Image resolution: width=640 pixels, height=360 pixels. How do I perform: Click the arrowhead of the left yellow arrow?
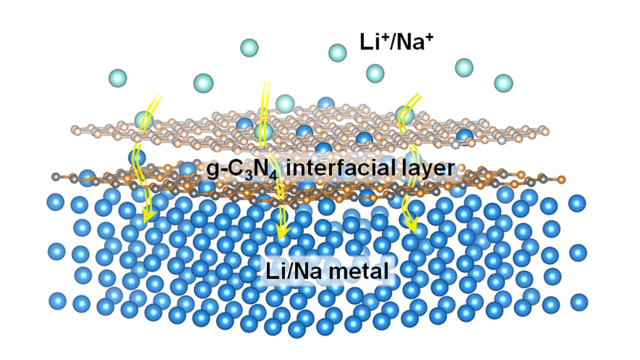coord(149,217)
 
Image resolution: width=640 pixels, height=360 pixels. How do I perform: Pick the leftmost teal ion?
coord(117,78)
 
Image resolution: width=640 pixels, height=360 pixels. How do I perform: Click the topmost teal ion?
coord(249,47)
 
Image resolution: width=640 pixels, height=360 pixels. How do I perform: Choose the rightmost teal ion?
coord(503,83)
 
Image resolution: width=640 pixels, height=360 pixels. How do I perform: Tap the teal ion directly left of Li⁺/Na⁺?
coord(337,53)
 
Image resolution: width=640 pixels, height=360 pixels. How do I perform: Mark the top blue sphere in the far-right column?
coord(577,203)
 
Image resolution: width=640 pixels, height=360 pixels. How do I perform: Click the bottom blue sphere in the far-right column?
coord(579,302)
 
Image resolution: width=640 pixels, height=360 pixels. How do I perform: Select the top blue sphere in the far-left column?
coord(55,202)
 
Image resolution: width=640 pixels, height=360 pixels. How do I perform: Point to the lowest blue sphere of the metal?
coord(297,329)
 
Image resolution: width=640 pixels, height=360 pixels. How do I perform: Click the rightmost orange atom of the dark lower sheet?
coord(561,179)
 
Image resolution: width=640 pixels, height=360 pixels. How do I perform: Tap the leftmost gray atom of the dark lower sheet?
coord(55,177)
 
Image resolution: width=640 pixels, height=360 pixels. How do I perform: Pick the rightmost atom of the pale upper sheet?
coord(545,131)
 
